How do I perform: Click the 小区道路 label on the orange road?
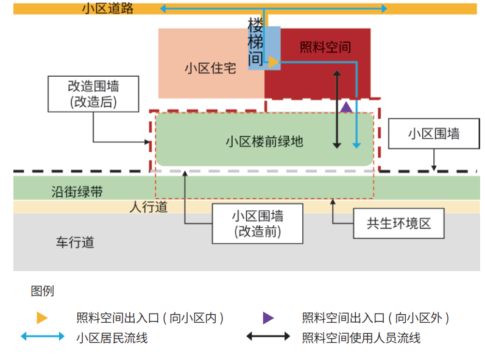pyautogui.click(x=108, y=9)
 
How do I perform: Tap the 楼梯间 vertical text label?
pyautogui.click(x=255, y=42)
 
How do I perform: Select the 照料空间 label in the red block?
pyautogui.click(x=325, y=48)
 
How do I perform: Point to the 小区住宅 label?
pyautogui.click(x=210, y=68)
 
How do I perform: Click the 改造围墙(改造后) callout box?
pyautogui.click(x=93, y=94)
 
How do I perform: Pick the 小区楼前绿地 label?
pyautogui.click(x=264, y=142)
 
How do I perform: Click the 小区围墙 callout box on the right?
pyautogui.click(x=434, y=133)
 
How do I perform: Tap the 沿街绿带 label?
pyautogui.click(x=77, y=192)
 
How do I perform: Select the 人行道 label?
pyautogui.click(x=149, y=207)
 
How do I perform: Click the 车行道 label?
pyautogui.click(x=75, y=242)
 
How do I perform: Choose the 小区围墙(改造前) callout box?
pyautogui.click(x=258, y=224)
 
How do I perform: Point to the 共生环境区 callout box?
pyautogui.click(x=399, y=224)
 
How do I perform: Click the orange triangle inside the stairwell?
pyautogui.click(x=274, y=62)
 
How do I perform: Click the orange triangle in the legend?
pyautogui.click(x=42, y=318)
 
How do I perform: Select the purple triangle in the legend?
pyautogui.click(x=268, y=318)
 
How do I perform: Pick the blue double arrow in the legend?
pyautogui.click(x=43, y=336)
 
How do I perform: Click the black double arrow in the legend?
pyautogui.click(x=268, y=336)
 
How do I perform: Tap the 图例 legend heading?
pyautogui.click(x=43, y=291)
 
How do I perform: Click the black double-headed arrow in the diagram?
pyautogui.click(x=337, y=110)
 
